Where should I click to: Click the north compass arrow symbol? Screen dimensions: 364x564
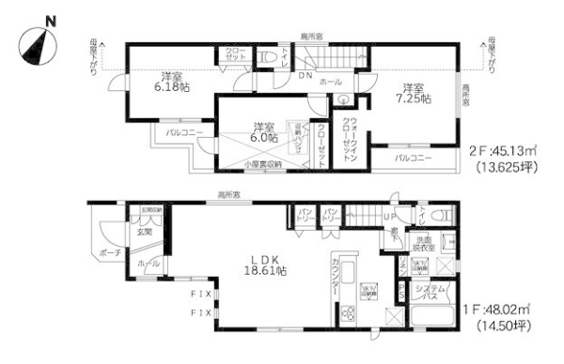pyautogui.click(x=37, y=42)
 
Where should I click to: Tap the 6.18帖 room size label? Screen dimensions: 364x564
pyautogui.click(x=170, y=82)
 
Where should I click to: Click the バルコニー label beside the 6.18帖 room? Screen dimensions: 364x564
pyautogui.click(x=184, y=134)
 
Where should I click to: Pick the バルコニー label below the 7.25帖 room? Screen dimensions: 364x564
pyautogui.click(x=413, y=159)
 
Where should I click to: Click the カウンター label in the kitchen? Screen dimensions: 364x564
pyautogui.click(x=336, y=285)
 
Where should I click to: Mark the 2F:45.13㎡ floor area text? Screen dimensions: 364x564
pyautogui.click(x=503, y=148)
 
